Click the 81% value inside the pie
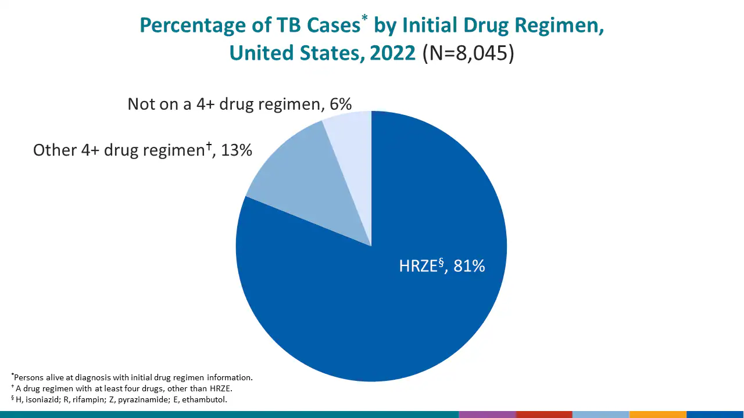(469, 266)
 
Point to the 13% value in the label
(237, 150)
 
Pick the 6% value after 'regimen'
(339, 104)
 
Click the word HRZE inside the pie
(418, 266)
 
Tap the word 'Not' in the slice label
(141, 104)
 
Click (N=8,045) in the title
(468, 53)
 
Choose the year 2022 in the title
(392, 53)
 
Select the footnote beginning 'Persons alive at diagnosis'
(133, 377)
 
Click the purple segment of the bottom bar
(487, 415)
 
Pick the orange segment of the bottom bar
(657, 415)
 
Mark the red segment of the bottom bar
(544, 415)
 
